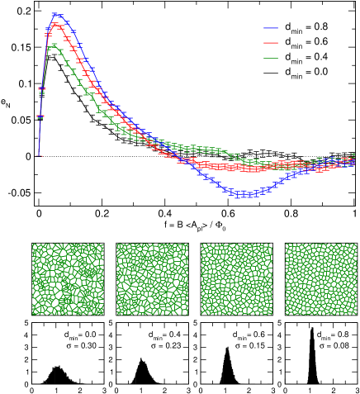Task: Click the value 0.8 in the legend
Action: coord(320,26)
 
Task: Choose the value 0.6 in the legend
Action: coord(320,41)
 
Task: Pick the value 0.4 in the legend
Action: coord(320,56)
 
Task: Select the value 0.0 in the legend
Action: coord(320,72)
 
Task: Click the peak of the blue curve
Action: coord(55,14)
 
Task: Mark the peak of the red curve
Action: coord(56,25)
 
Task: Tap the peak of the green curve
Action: coord(54,45)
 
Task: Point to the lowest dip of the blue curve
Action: coord(241,195)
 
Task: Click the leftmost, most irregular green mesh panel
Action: coord(68,279)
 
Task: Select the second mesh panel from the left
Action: coord(152,279)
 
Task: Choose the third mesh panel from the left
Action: coord(236,279)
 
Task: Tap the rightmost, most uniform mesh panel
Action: coord(320,279)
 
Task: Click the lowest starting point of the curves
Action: coord(37,154)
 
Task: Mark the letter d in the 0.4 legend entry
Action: coord(288,56)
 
